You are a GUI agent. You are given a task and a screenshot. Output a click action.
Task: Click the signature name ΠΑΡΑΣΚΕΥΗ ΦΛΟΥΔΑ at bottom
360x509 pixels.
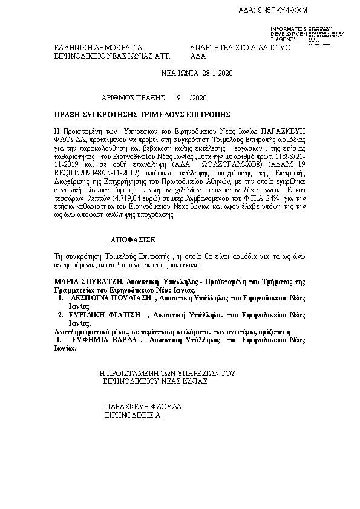click(x=143, y=407)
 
